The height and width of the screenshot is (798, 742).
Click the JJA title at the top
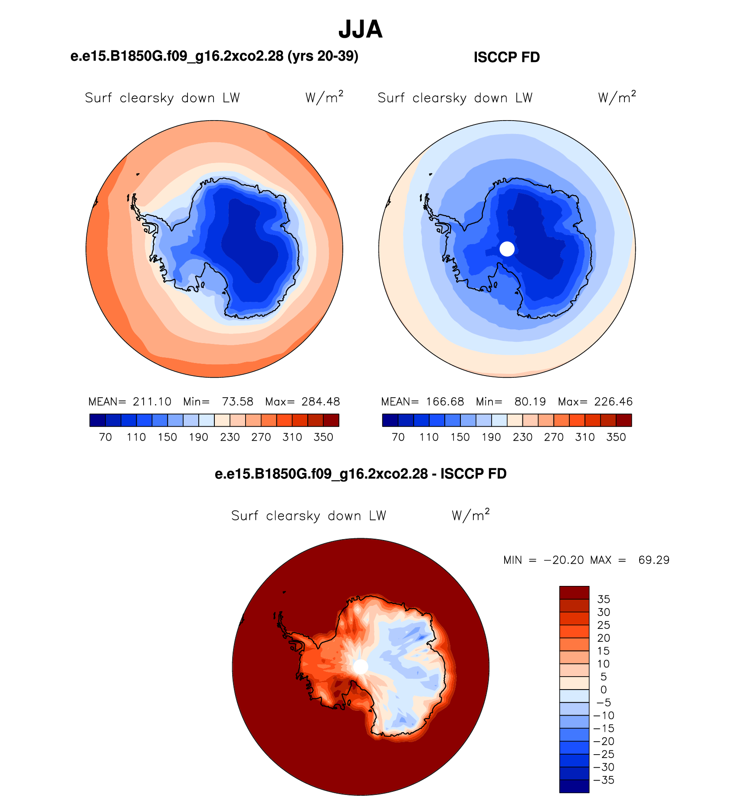coord(360,29)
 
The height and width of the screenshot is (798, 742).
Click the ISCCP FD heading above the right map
coord(507,57)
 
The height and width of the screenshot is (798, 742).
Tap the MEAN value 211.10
coord(152,402)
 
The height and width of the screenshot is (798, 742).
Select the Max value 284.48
coord(321,402)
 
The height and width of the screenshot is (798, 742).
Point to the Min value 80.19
coord(530,402)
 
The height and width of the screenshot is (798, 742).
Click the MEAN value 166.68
coord(445,402)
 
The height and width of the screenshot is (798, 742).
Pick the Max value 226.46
coord(614,402)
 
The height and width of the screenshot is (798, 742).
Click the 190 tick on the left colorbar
coord(198,437)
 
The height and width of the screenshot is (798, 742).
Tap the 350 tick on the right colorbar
coord(616,437)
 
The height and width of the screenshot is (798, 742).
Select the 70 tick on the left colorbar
coord(105,437)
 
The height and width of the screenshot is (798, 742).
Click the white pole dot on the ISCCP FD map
coord(507,249)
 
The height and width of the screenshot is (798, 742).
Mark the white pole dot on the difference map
coord(361,667)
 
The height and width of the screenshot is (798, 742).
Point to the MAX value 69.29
coord(654,560)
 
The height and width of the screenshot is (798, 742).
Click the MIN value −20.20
coord(564,560)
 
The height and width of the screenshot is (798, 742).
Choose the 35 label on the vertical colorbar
coord(604,599)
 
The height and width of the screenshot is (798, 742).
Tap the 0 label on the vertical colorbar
coord(604,690)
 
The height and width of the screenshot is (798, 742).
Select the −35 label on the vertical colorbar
coord(604,780)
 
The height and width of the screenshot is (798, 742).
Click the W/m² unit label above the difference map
coord(471,515)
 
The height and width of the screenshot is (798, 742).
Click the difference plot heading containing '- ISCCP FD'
coord(361,474)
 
